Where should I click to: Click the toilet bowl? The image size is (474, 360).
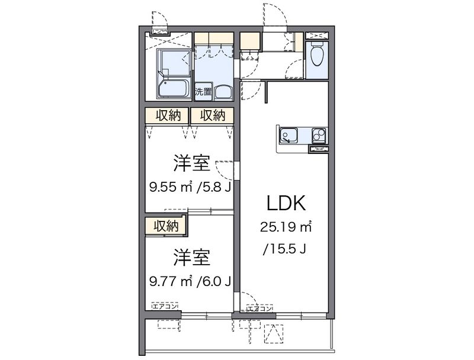[317, 56]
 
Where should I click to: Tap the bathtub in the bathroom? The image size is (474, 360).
[174, 88]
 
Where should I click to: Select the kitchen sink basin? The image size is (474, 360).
[289, 135]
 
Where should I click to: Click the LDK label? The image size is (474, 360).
[286, 203]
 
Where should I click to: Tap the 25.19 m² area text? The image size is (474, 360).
[286, 227]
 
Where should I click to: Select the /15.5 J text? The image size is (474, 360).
[285, 249]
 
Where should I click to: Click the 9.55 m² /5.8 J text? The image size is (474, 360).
[190, 188]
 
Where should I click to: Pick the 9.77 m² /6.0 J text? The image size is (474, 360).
[190, 281]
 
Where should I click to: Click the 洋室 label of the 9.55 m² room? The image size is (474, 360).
[191, 163]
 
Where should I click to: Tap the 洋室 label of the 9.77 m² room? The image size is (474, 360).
[191, 258]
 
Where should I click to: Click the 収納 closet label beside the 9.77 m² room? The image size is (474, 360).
[166, 226]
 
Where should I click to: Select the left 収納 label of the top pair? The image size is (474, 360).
[168, 115]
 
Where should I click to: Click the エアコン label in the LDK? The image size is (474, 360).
[260, 308]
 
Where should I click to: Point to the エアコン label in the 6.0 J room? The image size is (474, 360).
[165, 306]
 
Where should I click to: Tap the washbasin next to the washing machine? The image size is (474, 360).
[223, 93]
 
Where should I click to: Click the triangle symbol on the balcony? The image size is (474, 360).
[274, 333]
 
